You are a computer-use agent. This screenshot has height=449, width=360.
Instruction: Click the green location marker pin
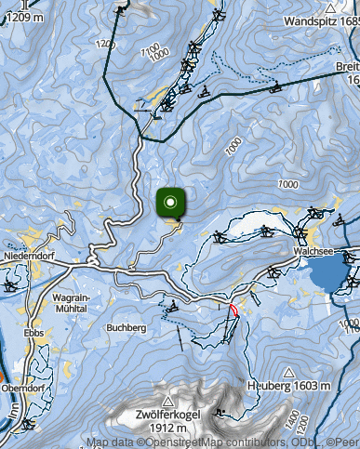pyautogui.click(x=170, y=203)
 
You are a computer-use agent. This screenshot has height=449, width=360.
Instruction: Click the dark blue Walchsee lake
pyautogui.click(x=327, y=272)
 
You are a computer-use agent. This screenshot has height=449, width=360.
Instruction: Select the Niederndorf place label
pyautogui.click(x=26, y=253)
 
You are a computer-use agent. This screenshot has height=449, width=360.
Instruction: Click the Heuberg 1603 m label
pyautogui.click(x=289, y=386)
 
